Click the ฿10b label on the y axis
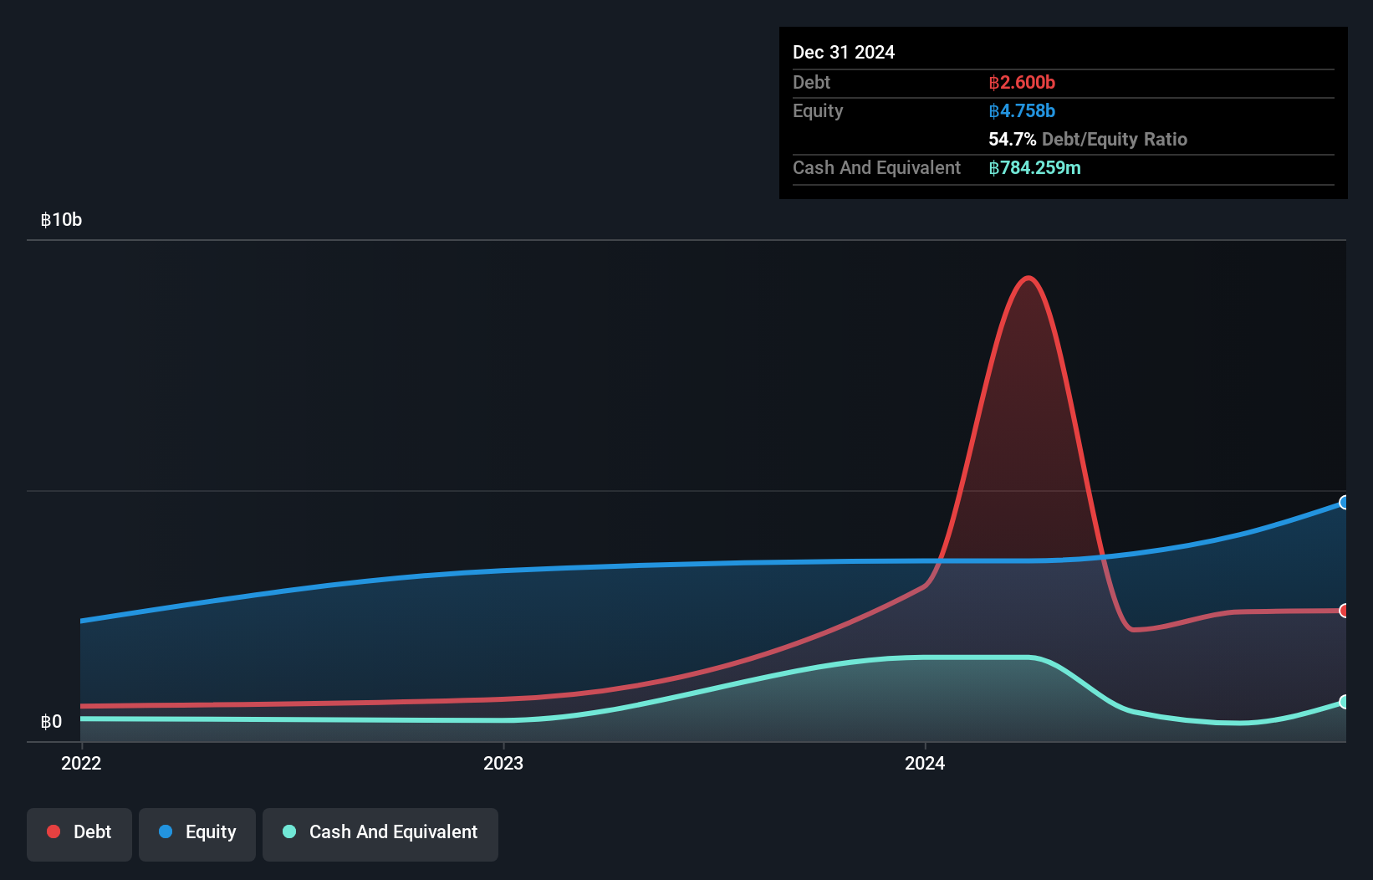pyautogui.click(x=61, y=220)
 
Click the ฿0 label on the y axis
pyautogui.click(x=51, y=722)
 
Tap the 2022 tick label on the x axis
pyautogui.click(x=81, y=763)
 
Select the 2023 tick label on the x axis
pyautogui.click(x=503, y=763)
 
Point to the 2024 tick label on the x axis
pyautogui.click(x=925, y=763)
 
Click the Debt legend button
pyautogui.click(x=79, y=832)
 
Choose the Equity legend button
pyautogui.click(x=197, y=832)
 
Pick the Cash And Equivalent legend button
pyautogui.click(x=380, y=832)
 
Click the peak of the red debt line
pyautogui.click(x=1028, y=278)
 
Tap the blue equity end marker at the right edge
pyautogui.click(x=1345, y=503)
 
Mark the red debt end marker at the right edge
pyautogui.click(x=1345, y=611)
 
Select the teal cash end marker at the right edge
pyautogui.click(x=1345, y=702)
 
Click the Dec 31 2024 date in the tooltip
pyautogui.click(x=844, y=53)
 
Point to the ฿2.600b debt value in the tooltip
pyautogui.click(x=1022, y=83)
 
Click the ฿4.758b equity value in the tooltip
pyautogui.click(x=1022, y=111)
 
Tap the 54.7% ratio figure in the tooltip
pyautogui.click(x=1012, y=140)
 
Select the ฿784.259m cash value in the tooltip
pyautogui.click(x=1034, y=168)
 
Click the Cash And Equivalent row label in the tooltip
pyautogui.click(x=876, y=168)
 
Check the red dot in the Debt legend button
pyautogui.click(x=54, y=831)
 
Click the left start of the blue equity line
pyautogui.click(x=82, y=621)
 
